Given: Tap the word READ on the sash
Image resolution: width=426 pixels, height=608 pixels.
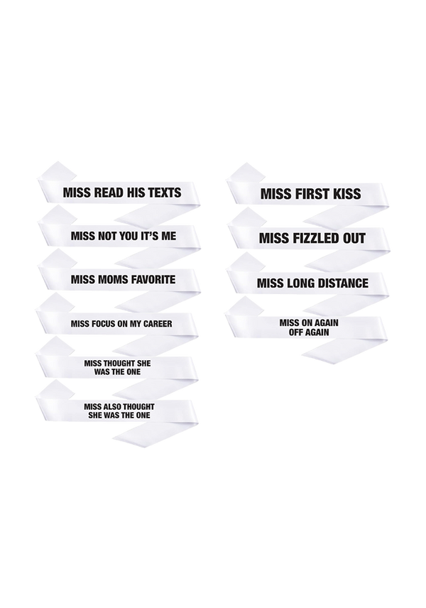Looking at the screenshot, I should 104,192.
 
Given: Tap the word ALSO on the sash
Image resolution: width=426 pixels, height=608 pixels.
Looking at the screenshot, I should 113,406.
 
